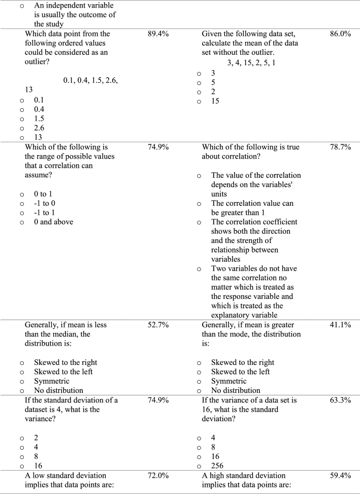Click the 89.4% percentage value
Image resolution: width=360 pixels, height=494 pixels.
point(158,34)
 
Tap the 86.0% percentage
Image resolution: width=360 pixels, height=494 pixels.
point(340,34)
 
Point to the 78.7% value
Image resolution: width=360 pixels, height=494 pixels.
point(340,147)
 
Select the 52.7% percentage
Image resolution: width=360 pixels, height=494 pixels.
point(158,325)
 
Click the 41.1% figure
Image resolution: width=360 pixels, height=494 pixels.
point(340,325)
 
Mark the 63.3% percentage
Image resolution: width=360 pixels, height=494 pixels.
point(340,400)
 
